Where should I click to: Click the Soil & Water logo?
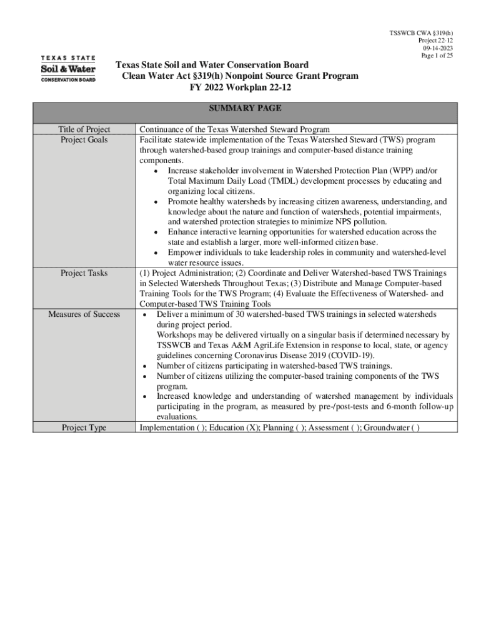(x=68, y=69)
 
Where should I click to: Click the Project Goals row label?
(x=84, y=140)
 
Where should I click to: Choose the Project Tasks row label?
(x=84, y=274)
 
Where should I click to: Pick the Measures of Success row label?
(x=84, y=314)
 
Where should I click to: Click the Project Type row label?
(x=84, y=428)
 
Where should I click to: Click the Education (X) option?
(x=235, y=428)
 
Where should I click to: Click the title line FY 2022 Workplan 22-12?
(x=241, y=87)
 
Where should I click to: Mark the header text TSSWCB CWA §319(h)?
(x=421, y=33)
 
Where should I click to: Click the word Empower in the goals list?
(x=186, y=253)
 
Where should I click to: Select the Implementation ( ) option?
(x=172, y=428)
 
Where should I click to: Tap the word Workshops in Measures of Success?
(x=177, y=335)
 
